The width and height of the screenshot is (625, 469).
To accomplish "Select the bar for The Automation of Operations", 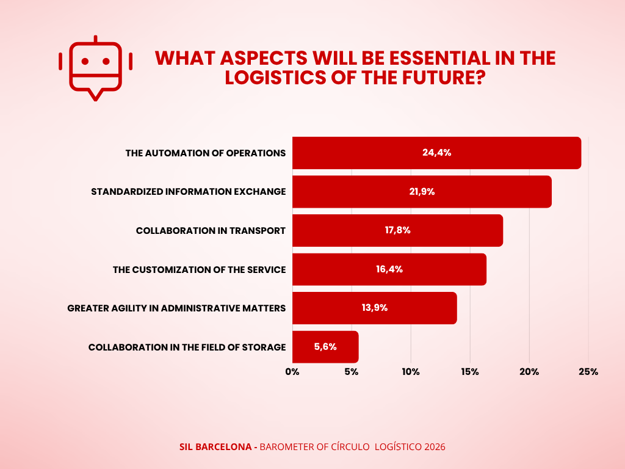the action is point(436,153).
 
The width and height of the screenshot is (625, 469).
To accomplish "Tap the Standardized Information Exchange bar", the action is point(422,191).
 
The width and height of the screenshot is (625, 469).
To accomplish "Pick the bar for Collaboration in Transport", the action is point(397,230).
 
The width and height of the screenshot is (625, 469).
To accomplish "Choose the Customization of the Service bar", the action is point(389,269).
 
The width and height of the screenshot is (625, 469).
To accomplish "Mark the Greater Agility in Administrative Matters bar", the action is point(374,308).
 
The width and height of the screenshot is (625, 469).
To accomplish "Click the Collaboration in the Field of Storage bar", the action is point(325,347).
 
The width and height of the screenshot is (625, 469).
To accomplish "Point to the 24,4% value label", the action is point(437,153).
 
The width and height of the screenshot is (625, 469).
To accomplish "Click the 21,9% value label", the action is point(422,192).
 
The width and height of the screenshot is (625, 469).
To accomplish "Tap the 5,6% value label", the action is point(325,347).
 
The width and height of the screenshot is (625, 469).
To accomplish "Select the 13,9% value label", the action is point(375,308).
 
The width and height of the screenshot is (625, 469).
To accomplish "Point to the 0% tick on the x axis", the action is point(292,372).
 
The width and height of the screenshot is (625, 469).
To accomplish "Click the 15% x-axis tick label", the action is point(470,372).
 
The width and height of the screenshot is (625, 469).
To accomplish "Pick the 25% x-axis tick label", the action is point(588,372).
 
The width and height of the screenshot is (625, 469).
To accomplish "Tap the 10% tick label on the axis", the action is point(411,372).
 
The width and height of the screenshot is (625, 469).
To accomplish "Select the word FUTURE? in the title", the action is point(444,78).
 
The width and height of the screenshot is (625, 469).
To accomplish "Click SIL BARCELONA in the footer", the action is point(215,447).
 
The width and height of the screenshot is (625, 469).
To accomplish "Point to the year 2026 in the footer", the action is point(435,447).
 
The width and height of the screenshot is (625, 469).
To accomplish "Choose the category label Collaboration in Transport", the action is point(211,230).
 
